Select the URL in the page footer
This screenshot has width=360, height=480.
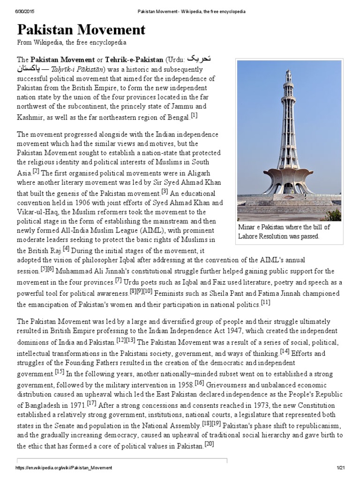click(64, 468)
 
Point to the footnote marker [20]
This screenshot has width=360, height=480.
click(209, 444)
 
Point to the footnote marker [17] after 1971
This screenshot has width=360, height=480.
click(91, 403)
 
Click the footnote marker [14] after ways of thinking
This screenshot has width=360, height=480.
click(284, 351)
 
